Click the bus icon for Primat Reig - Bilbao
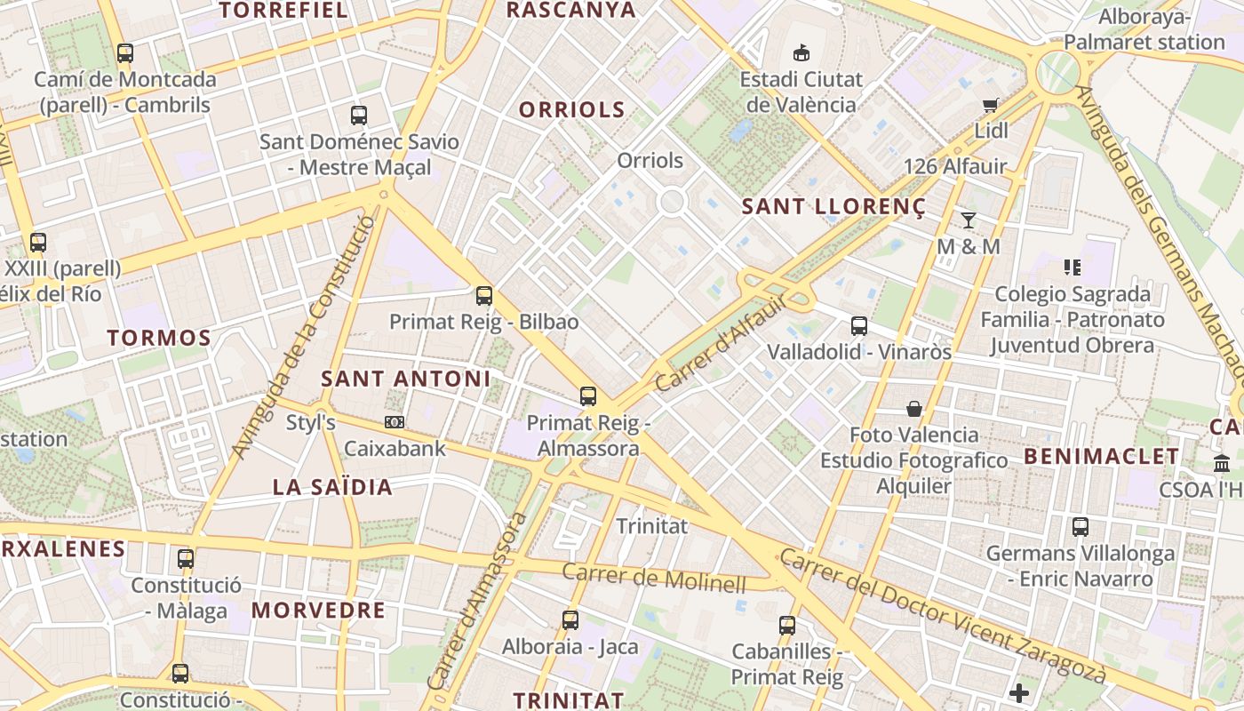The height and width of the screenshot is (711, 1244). point(484,296)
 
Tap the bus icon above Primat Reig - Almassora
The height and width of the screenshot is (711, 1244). point(588,396)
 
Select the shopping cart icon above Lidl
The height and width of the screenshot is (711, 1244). point(991,105)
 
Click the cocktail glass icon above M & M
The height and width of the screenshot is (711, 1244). point(969,220)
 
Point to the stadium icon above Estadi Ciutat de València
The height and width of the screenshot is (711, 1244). point(801,52)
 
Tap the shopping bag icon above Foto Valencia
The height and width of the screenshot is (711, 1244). point(913,409)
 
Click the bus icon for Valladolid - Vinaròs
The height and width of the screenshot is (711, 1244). point(859,326)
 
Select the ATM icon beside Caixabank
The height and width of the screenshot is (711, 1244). point(395,422)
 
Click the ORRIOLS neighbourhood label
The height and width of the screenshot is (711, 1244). point(572,109)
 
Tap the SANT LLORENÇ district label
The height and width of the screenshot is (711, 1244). point(833,207)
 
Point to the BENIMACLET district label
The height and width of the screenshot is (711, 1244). point(1102,457)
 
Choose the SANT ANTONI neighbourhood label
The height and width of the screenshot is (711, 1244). point(405,379)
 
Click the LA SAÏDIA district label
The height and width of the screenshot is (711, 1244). point(332,487)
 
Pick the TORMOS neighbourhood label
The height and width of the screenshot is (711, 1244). point(159,338)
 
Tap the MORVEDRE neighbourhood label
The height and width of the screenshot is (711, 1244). point(318,611)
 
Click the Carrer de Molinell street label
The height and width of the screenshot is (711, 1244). point(654,579)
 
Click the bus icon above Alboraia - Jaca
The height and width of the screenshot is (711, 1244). point(570,620)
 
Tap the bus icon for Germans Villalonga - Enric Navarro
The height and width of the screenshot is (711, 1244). point(1081,527)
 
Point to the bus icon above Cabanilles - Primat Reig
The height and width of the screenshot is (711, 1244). point(787,626)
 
